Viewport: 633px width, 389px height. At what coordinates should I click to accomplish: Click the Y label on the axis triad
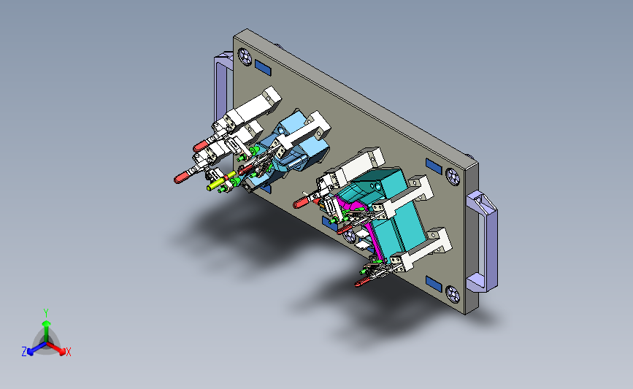pos(45,313)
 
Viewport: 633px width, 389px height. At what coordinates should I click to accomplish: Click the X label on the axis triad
pos(68,352)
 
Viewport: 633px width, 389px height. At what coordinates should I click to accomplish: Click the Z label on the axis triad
pos(24,352)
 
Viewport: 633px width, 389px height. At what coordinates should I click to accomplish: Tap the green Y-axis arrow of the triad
pos(46,331)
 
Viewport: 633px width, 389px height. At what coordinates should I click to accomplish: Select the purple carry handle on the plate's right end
pos(482,242)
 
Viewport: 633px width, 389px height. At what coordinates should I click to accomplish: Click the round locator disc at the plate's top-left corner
pos(245,56)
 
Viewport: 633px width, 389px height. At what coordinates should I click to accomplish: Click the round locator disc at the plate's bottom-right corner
pos(453,295)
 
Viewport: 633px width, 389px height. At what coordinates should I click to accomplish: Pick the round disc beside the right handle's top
pos(453,177)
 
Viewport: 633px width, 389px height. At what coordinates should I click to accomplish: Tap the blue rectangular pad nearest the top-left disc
pos(263,68)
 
